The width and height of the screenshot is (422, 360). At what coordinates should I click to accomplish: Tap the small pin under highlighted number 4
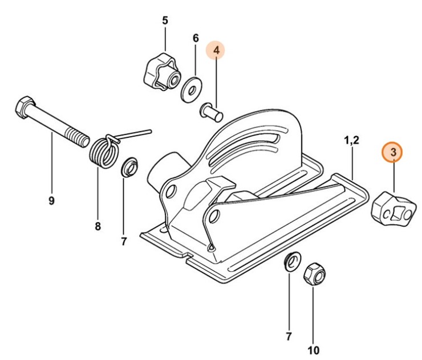tap(212, 109)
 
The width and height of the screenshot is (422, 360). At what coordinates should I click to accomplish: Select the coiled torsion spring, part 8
tap(104, 150)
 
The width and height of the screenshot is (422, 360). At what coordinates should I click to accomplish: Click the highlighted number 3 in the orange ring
tap(393, 152)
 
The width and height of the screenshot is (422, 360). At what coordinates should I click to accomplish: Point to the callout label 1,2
tap(351, 140)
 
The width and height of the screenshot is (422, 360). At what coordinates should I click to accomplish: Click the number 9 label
tap(51, 201)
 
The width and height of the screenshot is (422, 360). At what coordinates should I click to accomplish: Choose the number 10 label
tap(314, 349)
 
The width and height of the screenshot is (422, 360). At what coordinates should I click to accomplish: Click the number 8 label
tap(98, 226)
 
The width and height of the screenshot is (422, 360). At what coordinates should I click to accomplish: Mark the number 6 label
tap(196, 38)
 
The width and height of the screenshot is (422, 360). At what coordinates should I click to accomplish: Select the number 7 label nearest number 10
tap(289, 336)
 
